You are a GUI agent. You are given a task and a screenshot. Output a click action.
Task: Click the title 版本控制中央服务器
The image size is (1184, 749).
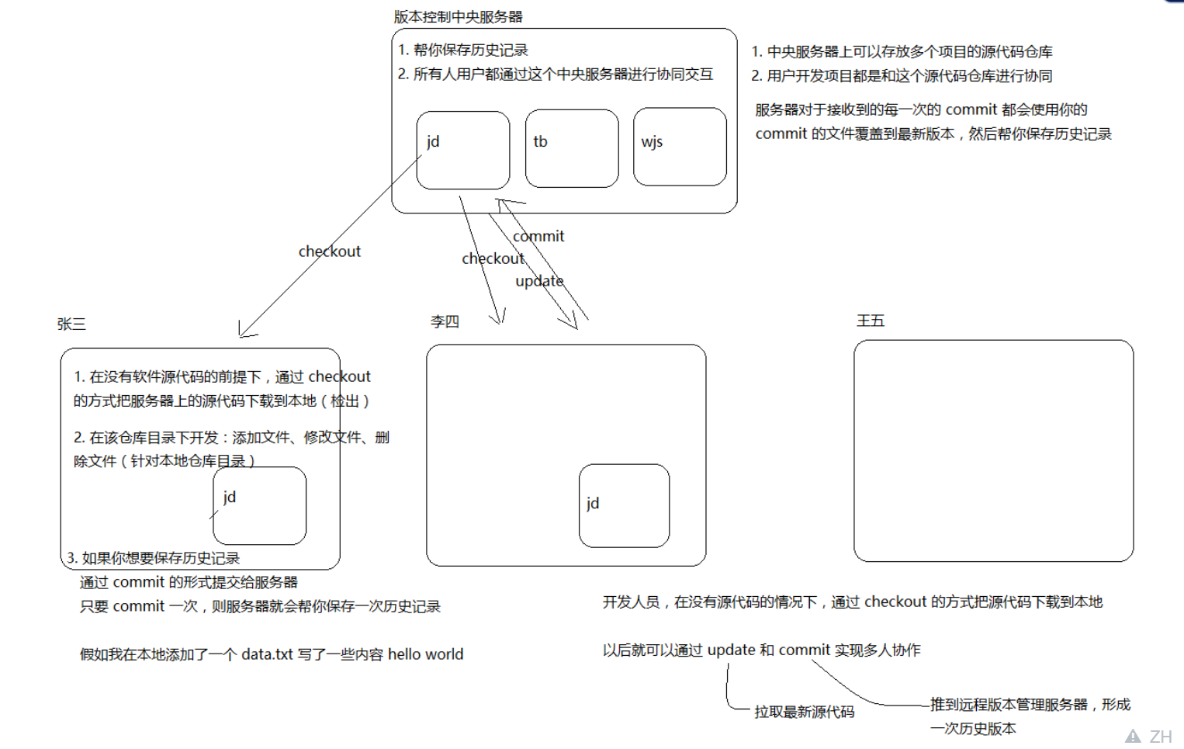click(458, 16)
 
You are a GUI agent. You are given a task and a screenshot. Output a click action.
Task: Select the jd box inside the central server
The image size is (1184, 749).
click(462, 150)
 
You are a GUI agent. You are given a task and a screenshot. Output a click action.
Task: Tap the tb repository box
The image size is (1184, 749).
click(571, 148)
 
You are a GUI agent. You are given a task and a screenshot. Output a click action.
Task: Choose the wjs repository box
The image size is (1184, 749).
click(679, 147)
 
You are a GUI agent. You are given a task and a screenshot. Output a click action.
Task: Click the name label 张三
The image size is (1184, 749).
click(71, 324)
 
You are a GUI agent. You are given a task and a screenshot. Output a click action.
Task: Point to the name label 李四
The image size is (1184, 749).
click(445, 321)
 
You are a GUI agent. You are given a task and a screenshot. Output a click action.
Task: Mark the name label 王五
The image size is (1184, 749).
click(870, 321)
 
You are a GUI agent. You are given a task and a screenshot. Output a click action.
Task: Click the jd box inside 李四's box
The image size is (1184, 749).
click(624, 505)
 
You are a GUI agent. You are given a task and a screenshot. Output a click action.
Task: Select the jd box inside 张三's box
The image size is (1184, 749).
click(259, 505)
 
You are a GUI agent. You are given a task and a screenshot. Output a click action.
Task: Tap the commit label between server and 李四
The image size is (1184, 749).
click(538, 236)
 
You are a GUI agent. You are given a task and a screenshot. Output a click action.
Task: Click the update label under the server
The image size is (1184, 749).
click(539, 281)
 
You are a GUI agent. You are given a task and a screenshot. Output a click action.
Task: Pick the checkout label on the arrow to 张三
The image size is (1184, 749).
click(330, 251)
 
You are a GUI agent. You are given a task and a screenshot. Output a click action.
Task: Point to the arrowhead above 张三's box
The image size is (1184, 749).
click(244, 332)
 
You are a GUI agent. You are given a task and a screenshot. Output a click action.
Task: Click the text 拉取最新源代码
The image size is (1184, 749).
click(804, 712)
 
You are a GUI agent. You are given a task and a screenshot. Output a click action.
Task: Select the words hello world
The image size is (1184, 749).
click(425, 654)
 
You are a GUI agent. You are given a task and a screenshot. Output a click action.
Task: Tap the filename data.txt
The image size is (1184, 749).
click(267, 654)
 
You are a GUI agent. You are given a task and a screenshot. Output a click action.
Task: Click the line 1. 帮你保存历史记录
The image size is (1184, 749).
click(463, 50)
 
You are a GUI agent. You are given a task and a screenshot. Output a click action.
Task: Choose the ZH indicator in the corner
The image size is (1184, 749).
click(1160, 737)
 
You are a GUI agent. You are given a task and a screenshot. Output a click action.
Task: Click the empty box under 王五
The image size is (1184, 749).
click(993, 450)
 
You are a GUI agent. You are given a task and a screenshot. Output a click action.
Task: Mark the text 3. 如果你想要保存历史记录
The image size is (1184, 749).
click(153, 558)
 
